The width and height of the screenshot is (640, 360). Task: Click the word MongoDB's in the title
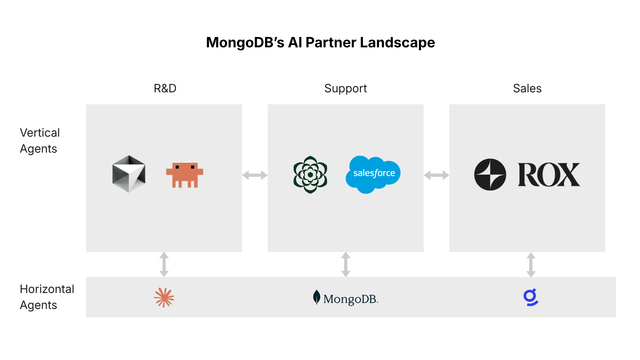click(x=245, y=43)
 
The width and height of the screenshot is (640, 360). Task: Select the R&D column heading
click(x=165, y=88)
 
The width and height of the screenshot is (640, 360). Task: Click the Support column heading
click(x=345, y=89)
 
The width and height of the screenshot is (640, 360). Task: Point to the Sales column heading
click(x=527, y=88)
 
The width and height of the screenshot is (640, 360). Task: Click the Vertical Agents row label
click(x=40, y=141)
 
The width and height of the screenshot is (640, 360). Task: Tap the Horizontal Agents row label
click(x=47, y=297)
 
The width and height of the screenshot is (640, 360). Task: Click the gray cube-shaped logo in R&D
click(x=129, y=174)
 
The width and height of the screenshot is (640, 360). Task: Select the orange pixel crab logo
click(x=185, y=175)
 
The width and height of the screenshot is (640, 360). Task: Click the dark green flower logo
click(x=310, y=175)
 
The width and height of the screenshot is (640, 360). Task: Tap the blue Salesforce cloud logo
click(x=373, y=174)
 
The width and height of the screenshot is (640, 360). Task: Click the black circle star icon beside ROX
click(x=490, y=175)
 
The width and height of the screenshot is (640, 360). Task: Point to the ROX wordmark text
click(x=549, y=175)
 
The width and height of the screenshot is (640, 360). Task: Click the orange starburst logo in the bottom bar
click(x=164, y=297)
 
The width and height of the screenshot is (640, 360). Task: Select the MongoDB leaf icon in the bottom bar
click(x=317, y=297)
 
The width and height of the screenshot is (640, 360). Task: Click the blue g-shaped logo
click(x=531, y=297)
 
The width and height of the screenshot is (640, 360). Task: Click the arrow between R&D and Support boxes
click(x=255, y=175)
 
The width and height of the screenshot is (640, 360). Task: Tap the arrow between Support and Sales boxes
click(x=437, y=175)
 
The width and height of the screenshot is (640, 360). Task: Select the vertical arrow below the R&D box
click(x=164, y=264)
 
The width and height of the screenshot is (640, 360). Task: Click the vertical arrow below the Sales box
click(x=531, y=265)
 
